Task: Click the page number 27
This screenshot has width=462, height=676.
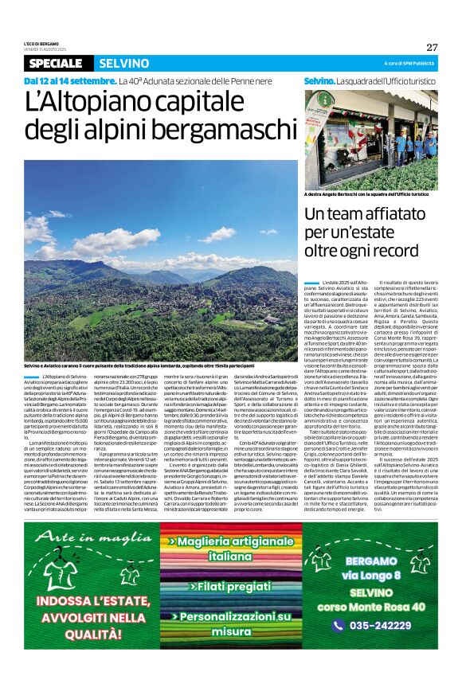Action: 432,47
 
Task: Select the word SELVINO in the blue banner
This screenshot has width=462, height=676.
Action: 123,63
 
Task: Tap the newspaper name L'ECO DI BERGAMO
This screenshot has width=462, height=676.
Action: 40,44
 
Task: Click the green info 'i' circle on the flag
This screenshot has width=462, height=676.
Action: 325,100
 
